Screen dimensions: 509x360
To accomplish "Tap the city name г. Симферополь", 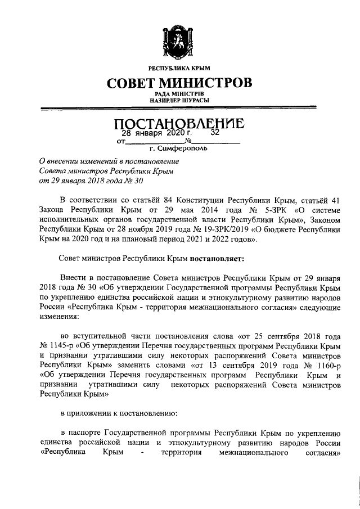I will pyautogui.click(x=178, y=150).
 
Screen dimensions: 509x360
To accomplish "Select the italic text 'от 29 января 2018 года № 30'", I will pyautogui.click(x=87, y=181).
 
